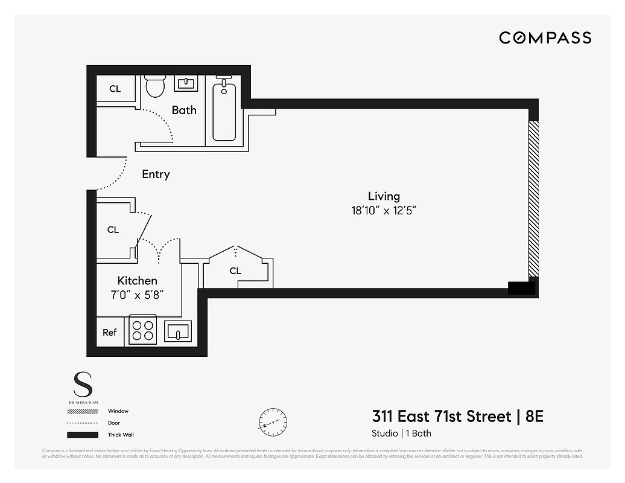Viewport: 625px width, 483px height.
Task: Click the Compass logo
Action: (545, 38)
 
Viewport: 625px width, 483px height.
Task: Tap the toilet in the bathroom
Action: (156, 86)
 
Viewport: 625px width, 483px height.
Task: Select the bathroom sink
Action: (186, 83)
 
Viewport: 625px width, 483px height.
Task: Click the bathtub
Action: (224, 112)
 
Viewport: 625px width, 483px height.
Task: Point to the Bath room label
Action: (184, 110)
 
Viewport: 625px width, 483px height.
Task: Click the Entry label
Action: (156, 174)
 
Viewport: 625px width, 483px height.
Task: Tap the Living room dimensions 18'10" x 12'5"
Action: (384, 210)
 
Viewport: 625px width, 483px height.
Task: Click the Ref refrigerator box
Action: (110, 332)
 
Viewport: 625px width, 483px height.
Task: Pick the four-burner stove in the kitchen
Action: (143, 331)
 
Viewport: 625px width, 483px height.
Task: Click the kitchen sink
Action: (178, 331)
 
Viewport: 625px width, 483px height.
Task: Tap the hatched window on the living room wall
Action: (533, 198)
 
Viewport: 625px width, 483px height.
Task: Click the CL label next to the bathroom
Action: (115, 89)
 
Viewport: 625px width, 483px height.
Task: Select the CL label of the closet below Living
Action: (235, 271)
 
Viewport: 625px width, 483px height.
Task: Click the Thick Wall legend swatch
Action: (83, 435)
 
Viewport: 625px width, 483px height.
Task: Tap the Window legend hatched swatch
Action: (83, 411)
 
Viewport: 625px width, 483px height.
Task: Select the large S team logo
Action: (83, 385)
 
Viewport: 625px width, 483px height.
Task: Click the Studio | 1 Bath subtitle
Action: (401, 433)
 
